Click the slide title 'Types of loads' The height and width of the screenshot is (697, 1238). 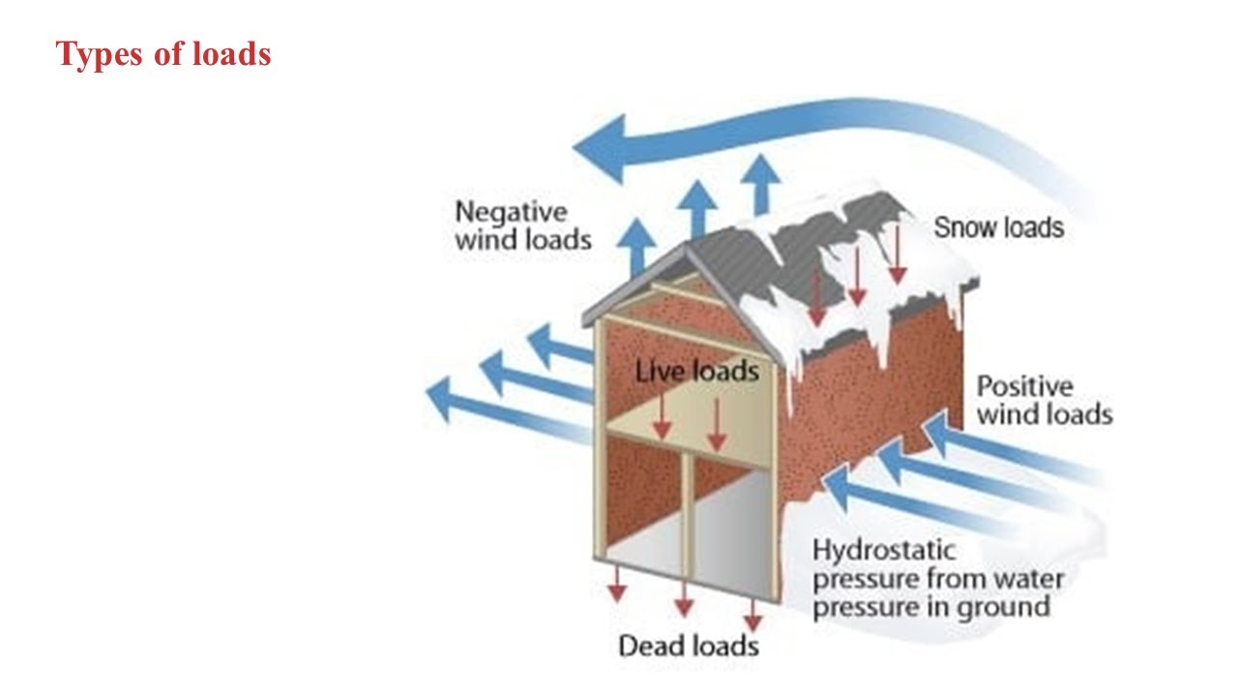[163, 54]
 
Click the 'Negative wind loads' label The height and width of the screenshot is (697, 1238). [522, 226]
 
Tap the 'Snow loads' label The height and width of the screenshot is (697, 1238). [998, 227]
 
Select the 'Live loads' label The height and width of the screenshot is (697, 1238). [696, 371]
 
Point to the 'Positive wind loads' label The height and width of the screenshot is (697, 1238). [1044, 401]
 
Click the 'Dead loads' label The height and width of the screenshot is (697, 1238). [689, 646]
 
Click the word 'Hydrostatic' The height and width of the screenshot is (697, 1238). [870, 551]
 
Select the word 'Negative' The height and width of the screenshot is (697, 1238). [511, 211]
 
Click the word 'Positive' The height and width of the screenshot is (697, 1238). [1024, 387]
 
